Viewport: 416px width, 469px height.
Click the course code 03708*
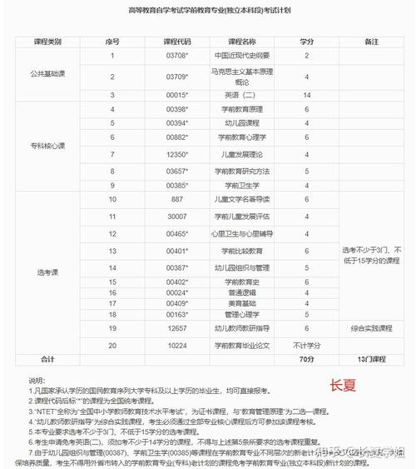(176, 55)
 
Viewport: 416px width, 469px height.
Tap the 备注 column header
(372, 40)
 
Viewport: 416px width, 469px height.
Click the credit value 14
(307, 95)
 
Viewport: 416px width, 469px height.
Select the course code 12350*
(176, 154)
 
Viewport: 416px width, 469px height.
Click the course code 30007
(176, 215)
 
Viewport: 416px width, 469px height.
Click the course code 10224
(176, 345)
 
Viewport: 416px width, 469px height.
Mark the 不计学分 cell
(307, 345)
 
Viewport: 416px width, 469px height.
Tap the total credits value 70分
(307, 359)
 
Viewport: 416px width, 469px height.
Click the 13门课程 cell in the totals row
(372, 359)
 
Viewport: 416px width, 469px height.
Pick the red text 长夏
(342, 385)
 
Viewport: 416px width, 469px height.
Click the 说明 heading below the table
(37, 379)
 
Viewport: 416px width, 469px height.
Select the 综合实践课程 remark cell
(372, 329)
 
